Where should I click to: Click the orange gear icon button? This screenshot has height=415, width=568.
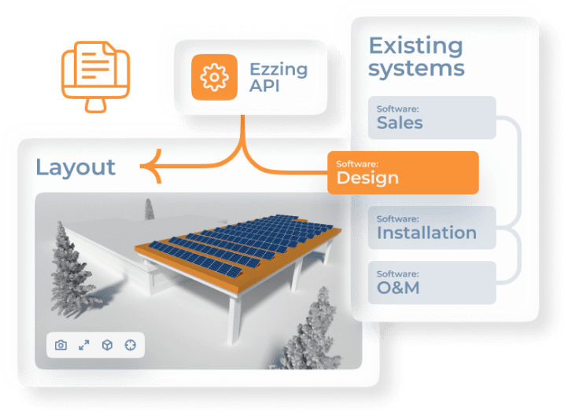213,76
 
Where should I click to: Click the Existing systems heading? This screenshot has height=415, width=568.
416,56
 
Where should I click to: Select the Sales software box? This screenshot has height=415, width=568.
432,118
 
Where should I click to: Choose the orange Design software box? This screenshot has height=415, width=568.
403,172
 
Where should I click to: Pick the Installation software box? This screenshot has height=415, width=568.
432,228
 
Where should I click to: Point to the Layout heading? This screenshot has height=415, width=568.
76,167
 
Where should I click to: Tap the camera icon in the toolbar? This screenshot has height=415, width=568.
61,344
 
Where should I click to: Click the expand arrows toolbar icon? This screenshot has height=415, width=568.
84,344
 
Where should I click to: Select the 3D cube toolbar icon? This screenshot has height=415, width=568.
107,344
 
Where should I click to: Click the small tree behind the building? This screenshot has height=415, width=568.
148,211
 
